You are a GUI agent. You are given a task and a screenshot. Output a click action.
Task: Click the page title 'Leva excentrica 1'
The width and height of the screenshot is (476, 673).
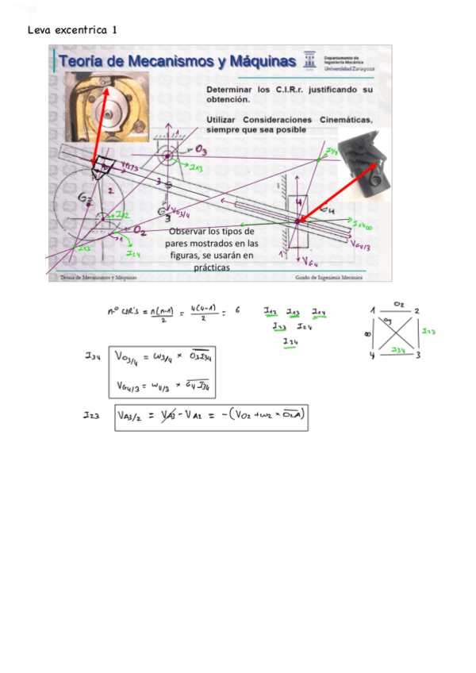coord(72,30)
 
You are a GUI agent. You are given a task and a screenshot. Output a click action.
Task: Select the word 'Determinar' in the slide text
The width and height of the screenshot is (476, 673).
coord(233,90)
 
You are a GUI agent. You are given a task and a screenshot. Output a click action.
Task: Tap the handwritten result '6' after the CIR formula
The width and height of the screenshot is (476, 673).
coord(236,312)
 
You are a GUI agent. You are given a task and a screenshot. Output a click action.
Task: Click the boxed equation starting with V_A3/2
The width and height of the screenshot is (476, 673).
coord(211,413)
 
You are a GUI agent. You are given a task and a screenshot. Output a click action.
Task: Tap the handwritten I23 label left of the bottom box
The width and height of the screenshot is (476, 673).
coord(93,413)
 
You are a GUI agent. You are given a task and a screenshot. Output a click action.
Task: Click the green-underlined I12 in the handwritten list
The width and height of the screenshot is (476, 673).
coord(271,312)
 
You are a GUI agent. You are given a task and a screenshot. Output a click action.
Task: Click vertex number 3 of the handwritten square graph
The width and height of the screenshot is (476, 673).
coord(416,356)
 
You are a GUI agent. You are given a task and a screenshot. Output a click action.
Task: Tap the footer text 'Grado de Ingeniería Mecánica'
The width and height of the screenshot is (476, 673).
coord(328,279)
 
